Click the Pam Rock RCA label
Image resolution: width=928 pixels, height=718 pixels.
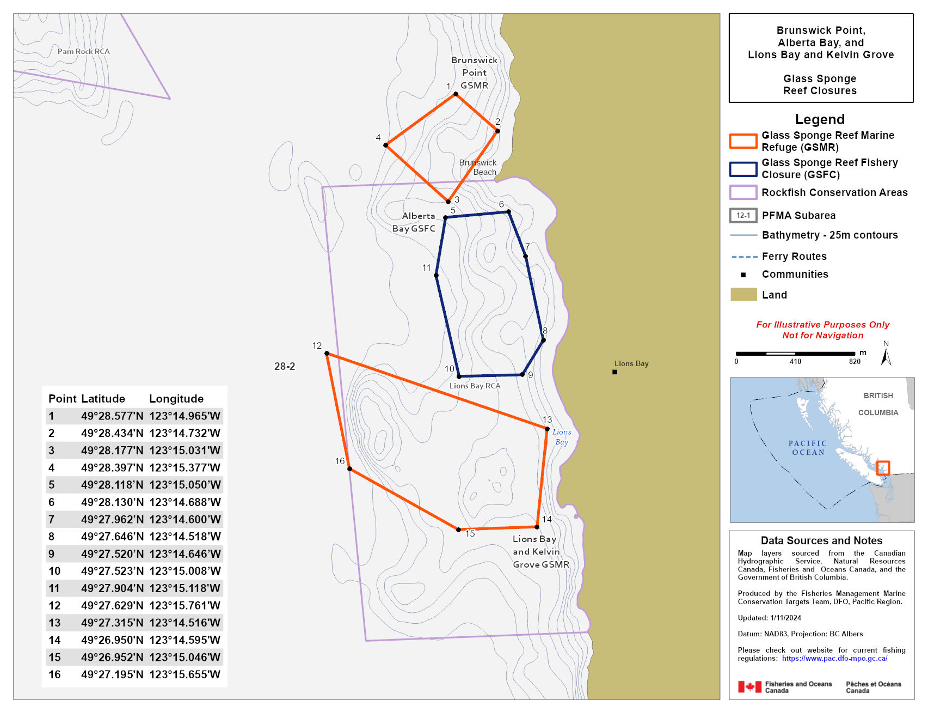click(x=84, y=51)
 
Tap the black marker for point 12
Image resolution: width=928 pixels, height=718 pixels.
click(x=327, y=354)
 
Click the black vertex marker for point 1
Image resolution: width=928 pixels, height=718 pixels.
click(x=456, y=94)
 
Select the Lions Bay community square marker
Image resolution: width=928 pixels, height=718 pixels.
click(x=614, y=372)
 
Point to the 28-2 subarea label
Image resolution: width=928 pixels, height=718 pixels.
click(x=285, y=366)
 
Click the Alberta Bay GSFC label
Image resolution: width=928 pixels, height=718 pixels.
click(x=414, y=222)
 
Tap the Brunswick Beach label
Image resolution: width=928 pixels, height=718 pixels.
click(x=478, y=167)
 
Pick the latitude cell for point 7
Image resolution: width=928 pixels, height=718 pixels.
click(x=112, y=519)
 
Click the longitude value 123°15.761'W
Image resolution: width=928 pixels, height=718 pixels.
click(x=185, y=605)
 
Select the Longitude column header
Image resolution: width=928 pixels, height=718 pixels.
click(x=176, y=399)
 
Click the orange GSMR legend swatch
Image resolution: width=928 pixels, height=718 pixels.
click(x=743, y=141)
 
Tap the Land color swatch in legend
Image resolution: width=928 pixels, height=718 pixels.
click(x=743, y=295)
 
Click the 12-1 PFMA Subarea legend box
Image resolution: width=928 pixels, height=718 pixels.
click(x=743, y=215)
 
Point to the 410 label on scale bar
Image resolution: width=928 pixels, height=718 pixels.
click(x=795, y=362)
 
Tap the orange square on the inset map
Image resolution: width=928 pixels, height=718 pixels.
click(x=883, y=468)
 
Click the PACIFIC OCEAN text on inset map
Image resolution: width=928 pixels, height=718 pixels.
click(x=808, y=448)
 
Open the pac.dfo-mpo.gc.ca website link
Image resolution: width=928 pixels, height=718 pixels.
click(x=834, y=658)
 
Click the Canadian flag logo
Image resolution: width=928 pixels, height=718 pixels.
click(x=749, y=687)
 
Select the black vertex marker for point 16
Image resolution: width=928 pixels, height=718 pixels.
click(x=349, y=468)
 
